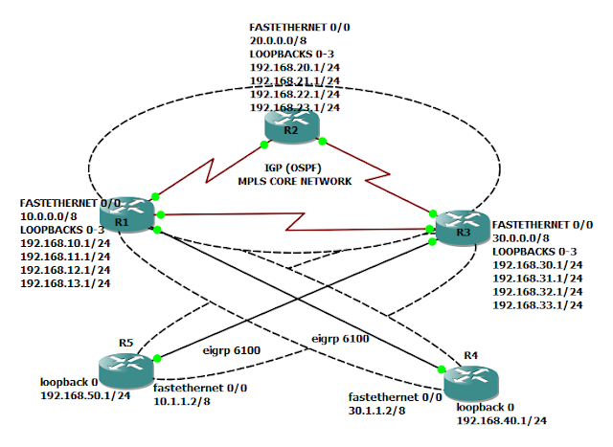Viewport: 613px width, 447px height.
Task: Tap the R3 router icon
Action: pyautogui.click(x=461, y=227)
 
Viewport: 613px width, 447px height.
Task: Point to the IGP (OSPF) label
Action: pyautogui.click(x=292, y=168)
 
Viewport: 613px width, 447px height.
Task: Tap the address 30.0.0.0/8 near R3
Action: pyautogui.click(x=521, y=235)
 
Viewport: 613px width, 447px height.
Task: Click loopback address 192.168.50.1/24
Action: pyautogui.click(x=85, y=394)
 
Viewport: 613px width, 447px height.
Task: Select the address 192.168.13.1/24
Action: pyautogui.click(x=65, y=283)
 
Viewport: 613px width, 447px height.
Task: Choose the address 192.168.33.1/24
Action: pyautogui.click(x=537, y=303)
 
